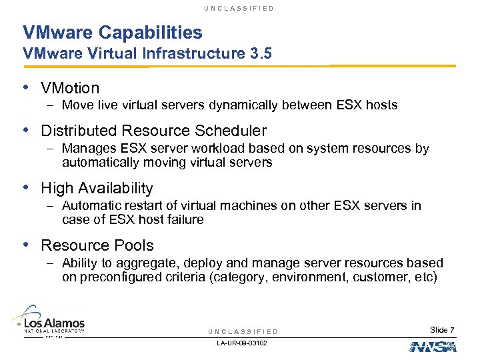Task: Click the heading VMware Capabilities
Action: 112,32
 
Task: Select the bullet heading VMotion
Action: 70,88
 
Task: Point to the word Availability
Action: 115,189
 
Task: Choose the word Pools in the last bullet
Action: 135,245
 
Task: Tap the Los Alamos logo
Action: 48,321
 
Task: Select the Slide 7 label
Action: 442,330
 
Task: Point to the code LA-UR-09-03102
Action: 242,343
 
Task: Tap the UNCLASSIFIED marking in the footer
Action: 243,331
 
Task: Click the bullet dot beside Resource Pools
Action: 26,245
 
